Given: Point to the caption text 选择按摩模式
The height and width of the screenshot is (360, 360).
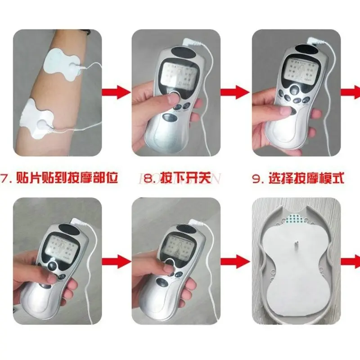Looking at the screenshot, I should pyautogui.click(x=306, y=178).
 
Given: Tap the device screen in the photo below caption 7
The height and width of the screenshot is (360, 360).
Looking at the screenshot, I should pyautogui.click(x=63, y=245).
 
